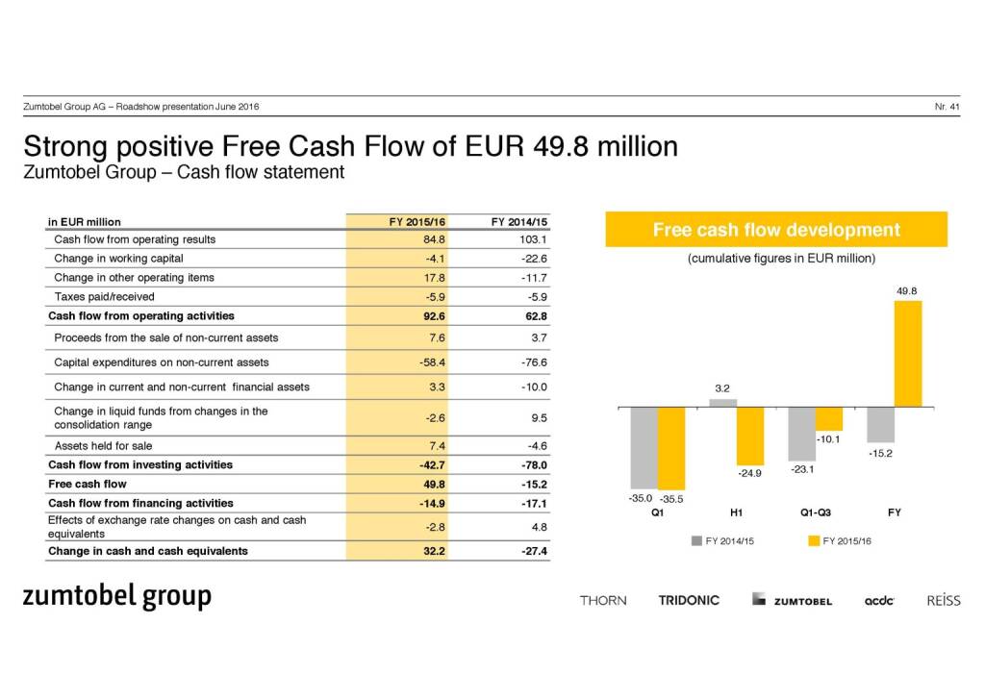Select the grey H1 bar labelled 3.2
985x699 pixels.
[723, 403]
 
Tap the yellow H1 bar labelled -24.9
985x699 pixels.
[750, 435]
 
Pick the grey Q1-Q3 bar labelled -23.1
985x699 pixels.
[801, 433]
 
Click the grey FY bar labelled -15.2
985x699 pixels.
[880, 424]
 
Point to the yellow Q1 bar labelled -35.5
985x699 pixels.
[671, 447]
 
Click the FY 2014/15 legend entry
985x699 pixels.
[722, 541]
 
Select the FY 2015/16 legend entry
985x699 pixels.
[840, 541]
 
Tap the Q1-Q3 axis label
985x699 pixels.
[815, 512]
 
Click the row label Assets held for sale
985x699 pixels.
[103, 446]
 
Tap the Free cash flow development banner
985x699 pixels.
[776, 230]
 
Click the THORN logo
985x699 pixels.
[603, 600]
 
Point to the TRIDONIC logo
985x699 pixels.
[689, 600]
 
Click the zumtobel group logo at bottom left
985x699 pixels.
[117, 596]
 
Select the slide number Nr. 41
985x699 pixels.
[947, 106]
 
